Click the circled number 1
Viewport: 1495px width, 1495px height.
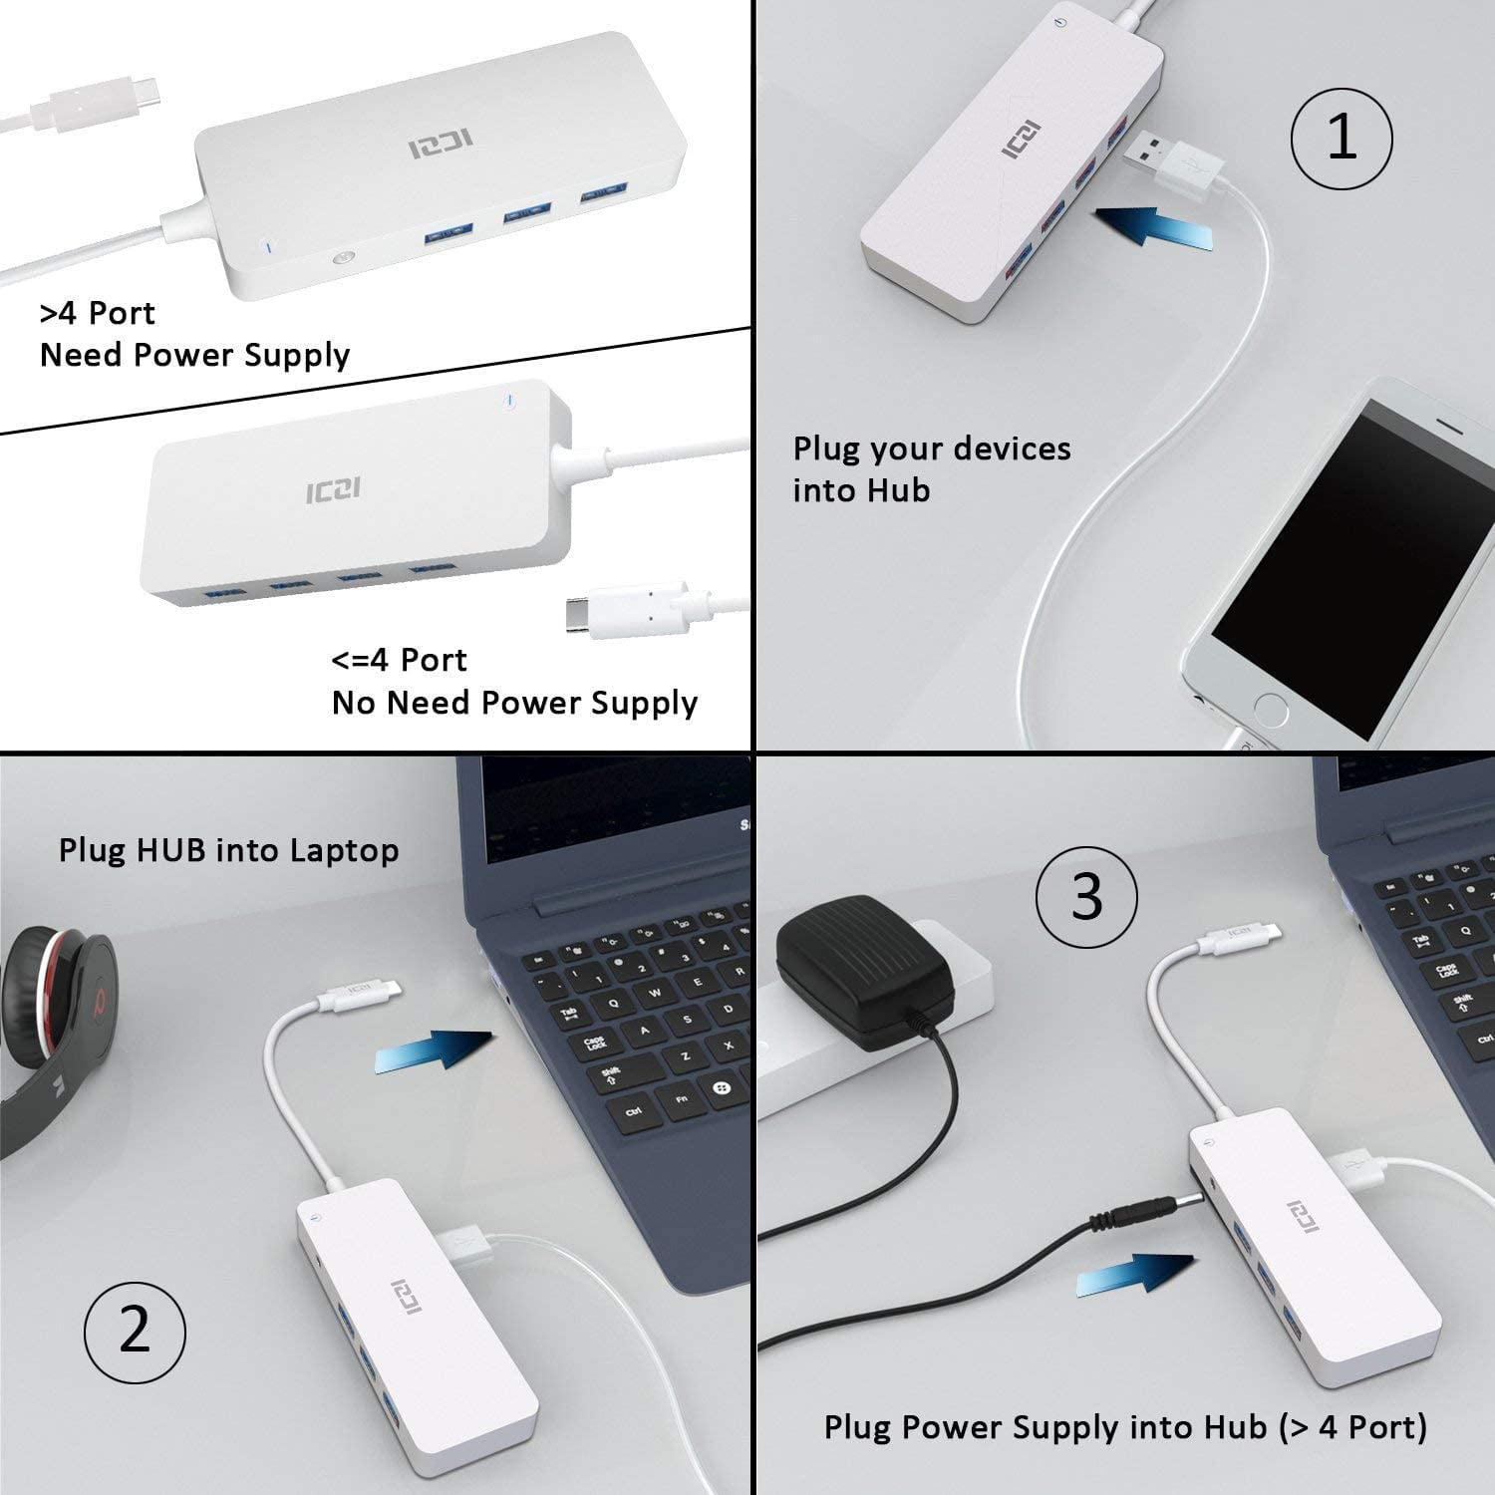click(1342, 138)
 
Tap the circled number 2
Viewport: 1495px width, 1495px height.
click(135, 1330)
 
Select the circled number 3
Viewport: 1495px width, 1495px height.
click(1086, 895)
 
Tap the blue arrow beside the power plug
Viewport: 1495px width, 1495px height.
click(1136, 1276)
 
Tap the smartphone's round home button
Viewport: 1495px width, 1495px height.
click(1271, 711)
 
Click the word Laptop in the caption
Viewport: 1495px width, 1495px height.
click(344, 850)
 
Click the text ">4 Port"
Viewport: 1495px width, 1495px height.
click(97, 313)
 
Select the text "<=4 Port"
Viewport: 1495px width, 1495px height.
click(399, 660)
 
